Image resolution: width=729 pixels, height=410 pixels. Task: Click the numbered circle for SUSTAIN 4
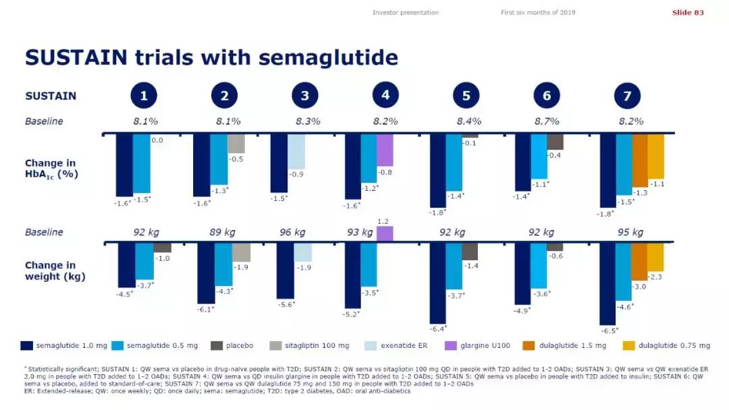click(385, 95)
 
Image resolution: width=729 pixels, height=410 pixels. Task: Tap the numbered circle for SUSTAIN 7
click(627, 96)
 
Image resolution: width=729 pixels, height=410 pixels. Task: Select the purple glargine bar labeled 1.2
click(384, 233)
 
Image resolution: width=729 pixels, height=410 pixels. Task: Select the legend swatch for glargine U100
click(450, 346)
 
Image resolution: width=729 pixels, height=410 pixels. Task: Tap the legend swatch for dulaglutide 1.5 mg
click(529, 346)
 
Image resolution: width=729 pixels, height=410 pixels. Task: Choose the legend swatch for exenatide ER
click(370, 346)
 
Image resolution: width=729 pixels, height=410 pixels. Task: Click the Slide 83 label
click(688, 13)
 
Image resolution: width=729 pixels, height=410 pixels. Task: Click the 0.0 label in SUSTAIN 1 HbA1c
click(157, 140)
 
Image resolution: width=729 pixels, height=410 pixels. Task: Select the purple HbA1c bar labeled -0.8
click(384, 150)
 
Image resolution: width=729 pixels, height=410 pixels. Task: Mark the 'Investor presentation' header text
click(405, 13)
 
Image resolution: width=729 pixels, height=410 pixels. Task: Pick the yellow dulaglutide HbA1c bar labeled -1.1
click(655, 156)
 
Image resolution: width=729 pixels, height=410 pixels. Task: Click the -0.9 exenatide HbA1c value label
click(296, 174)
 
